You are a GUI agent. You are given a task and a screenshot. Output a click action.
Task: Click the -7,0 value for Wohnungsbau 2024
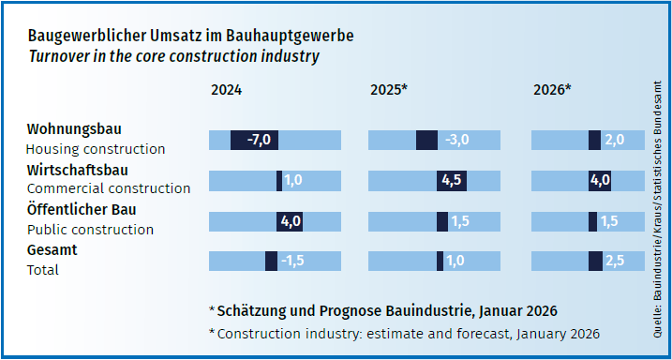(x=259, y=140)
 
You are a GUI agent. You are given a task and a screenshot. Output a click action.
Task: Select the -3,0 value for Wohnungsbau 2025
(x=456, y=140)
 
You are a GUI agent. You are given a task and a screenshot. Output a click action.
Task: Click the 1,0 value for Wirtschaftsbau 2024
(x=292, y=180)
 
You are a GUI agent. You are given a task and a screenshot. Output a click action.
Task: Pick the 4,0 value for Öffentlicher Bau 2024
(x=290, y=221)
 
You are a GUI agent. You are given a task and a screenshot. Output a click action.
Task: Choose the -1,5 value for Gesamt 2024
(x=292, y=262)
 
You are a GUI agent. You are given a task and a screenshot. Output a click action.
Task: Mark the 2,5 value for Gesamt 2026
(x=614, y=262)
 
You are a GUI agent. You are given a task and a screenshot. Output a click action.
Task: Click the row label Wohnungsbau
(x=74, y=128)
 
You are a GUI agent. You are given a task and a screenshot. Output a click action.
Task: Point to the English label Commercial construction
(x=109, y=188)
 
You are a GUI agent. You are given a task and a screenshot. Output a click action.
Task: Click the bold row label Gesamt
(x=52, y=250)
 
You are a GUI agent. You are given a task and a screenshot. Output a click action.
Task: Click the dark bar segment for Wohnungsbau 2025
(x=426, y=140)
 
